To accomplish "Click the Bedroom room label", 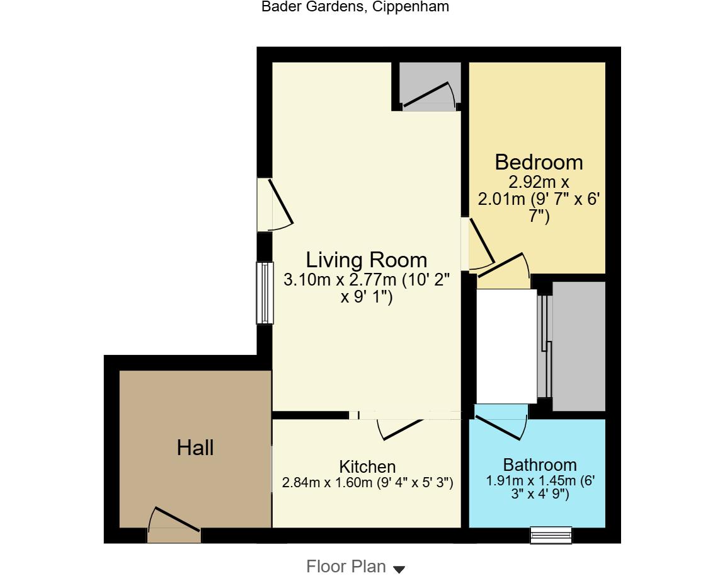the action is coord(539,163).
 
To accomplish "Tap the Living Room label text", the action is coord(366,260).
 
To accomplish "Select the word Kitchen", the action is coord(367,466).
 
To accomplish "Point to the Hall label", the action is coord(195,448).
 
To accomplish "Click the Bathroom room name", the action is coord(540,465).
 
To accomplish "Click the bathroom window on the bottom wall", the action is coord(551,535).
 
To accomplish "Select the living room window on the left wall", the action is coord(265,293).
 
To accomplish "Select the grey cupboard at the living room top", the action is coord(430,86).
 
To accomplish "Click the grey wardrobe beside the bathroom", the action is coord(579,345).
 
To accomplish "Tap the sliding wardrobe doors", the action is coord(545,346).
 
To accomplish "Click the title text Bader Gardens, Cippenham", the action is coord(355,7).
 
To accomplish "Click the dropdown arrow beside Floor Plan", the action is coord(399,569).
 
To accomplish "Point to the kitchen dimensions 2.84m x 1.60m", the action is coord(367,483).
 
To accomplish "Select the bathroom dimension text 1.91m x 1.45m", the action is coord(540,487).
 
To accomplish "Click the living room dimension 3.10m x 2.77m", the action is coord(366,288).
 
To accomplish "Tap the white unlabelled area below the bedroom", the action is coord(506,346).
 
